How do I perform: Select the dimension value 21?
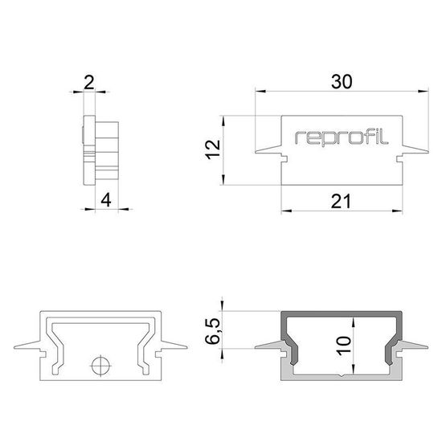[342, 203]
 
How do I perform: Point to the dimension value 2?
[88, 80]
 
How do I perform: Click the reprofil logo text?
[342, 137]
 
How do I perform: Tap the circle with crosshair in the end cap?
[100, 366]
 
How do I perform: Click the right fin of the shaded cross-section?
[418, 348]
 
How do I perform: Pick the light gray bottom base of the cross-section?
[342, 376]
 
